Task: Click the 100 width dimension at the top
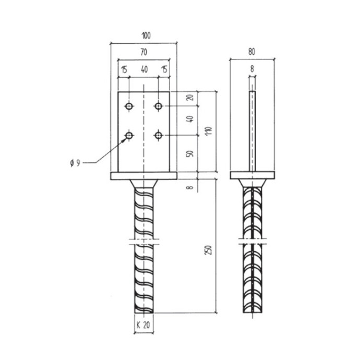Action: (146, 36)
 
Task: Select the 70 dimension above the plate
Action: (143, 52)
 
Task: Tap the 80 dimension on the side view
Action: (251, 52)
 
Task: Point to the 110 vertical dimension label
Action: (209, 131)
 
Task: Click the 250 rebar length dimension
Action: (208, 250)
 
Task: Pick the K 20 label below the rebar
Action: (143, 325)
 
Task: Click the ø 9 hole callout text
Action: (75, 163)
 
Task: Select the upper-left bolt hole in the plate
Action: (129, 106)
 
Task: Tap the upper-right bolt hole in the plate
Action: (159, 106)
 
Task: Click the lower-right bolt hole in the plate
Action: (159, 135)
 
